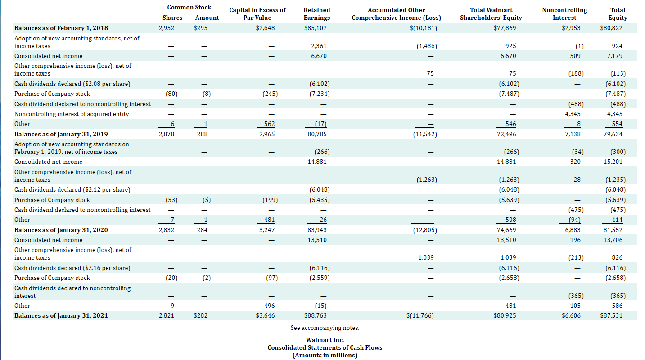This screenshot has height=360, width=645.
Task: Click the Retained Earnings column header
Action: (x=317, y=14)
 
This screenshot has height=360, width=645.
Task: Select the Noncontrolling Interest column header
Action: (x=564, y=14)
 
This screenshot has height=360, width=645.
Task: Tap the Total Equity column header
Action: (x=618, y=14)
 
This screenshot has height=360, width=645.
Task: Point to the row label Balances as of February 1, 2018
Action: (x=61, y=28)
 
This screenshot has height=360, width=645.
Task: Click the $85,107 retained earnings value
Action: (x=317, y=28)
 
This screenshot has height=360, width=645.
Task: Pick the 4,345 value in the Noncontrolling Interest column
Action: (x=572, y=114)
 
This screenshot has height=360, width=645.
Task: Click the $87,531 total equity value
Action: (x=612, y=315)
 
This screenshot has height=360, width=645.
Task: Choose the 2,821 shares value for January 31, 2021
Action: (x=167, y=315)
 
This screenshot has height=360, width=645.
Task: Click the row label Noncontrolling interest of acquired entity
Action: (x=72, y=114)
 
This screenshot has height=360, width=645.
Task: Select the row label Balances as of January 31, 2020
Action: (x=61, y=230)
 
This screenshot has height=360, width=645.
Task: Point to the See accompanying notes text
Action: (x=325, y=328)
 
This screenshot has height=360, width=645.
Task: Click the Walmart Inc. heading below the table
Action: (x=325, y=340)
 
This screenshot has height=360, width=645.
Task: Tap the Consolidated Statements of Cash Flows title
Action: (x=325, y=347)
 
